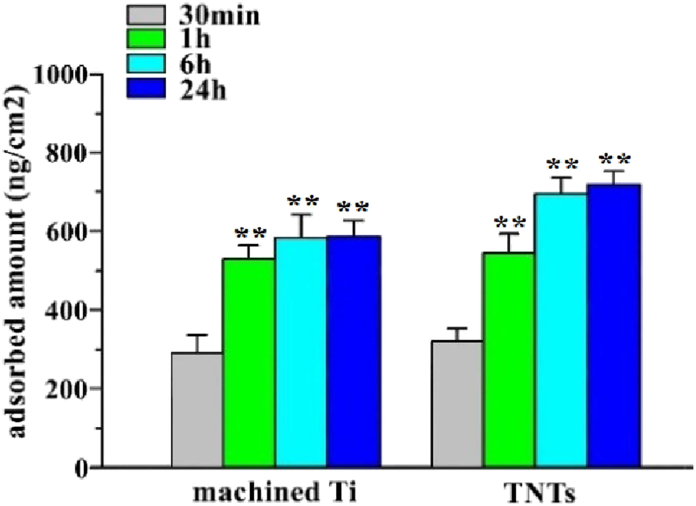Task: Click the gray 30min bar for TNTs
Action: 457,404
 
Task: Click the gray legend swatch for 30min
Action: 146,15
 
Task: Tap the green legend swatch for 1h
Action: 146,39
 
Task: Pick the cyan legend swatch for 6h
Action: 146,64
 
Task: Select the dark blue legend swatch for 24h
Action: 146,88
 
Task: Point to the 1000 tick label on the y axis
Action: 60,75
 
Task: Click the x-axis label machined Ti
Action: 274,492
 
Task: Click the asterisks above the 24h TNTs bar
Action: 615,160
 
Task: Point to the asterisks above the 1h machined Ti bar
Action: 250,234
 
